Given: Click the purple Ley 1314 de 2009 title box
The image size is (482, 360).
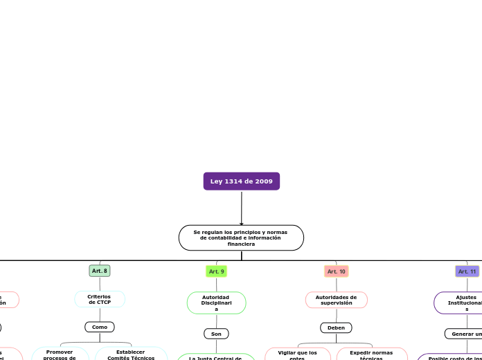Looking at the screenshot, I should [x=241, y=181].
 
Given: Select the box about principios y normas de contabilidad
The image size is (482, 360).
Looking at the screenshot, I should [x=241, y=237].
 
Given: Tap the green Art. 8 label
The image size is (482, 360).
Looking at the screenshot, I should [x=100, y=271].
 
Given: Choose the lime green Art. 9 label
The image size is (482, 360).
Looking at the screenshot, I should [x=217, y=271].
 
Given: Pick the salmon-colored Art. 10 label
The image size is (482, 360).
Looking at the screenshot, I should [x=337, y=271].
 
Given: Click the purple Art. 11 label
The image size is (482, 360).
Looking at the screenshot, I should [x=467, y=271].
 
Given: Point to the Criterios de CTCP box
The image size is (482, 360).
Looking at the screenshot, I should [x=100, y=299].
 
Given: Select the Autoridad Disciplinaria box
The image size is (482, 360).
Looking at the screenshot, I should [x=216, y=303].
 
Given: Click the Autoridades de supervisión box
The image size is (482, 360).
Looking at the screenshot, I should [x=337, y=300].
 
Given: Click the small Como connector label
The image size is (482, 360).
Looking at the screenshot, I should [x=100, y=327].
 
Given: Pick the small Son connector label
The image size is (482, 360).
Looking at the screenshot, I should [x=216, y=334].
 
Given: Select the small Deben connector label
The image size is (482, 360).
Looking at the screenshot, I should [x=336, y=327].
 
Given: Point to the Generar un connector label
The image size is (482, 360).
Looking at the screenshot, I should [x=465, y=334].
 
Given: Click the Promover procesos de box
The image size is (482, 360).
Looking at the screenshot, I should [x=60, y=354].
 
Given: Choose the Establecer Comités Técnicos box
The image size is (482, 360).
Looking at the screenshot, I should [x=131, y=354].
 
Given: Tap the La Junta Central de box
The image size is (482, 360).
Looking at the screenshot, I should [x=216, y=357].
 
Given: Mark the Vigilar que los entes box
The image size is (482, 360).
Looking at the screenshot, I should [x=298, y=354].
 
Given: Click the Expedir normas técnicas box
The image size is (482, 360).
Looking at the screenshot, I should [x=371, y=354].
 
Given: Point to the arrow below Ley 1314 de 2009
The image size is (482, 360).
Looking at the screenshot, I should [x=241, y=208].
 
